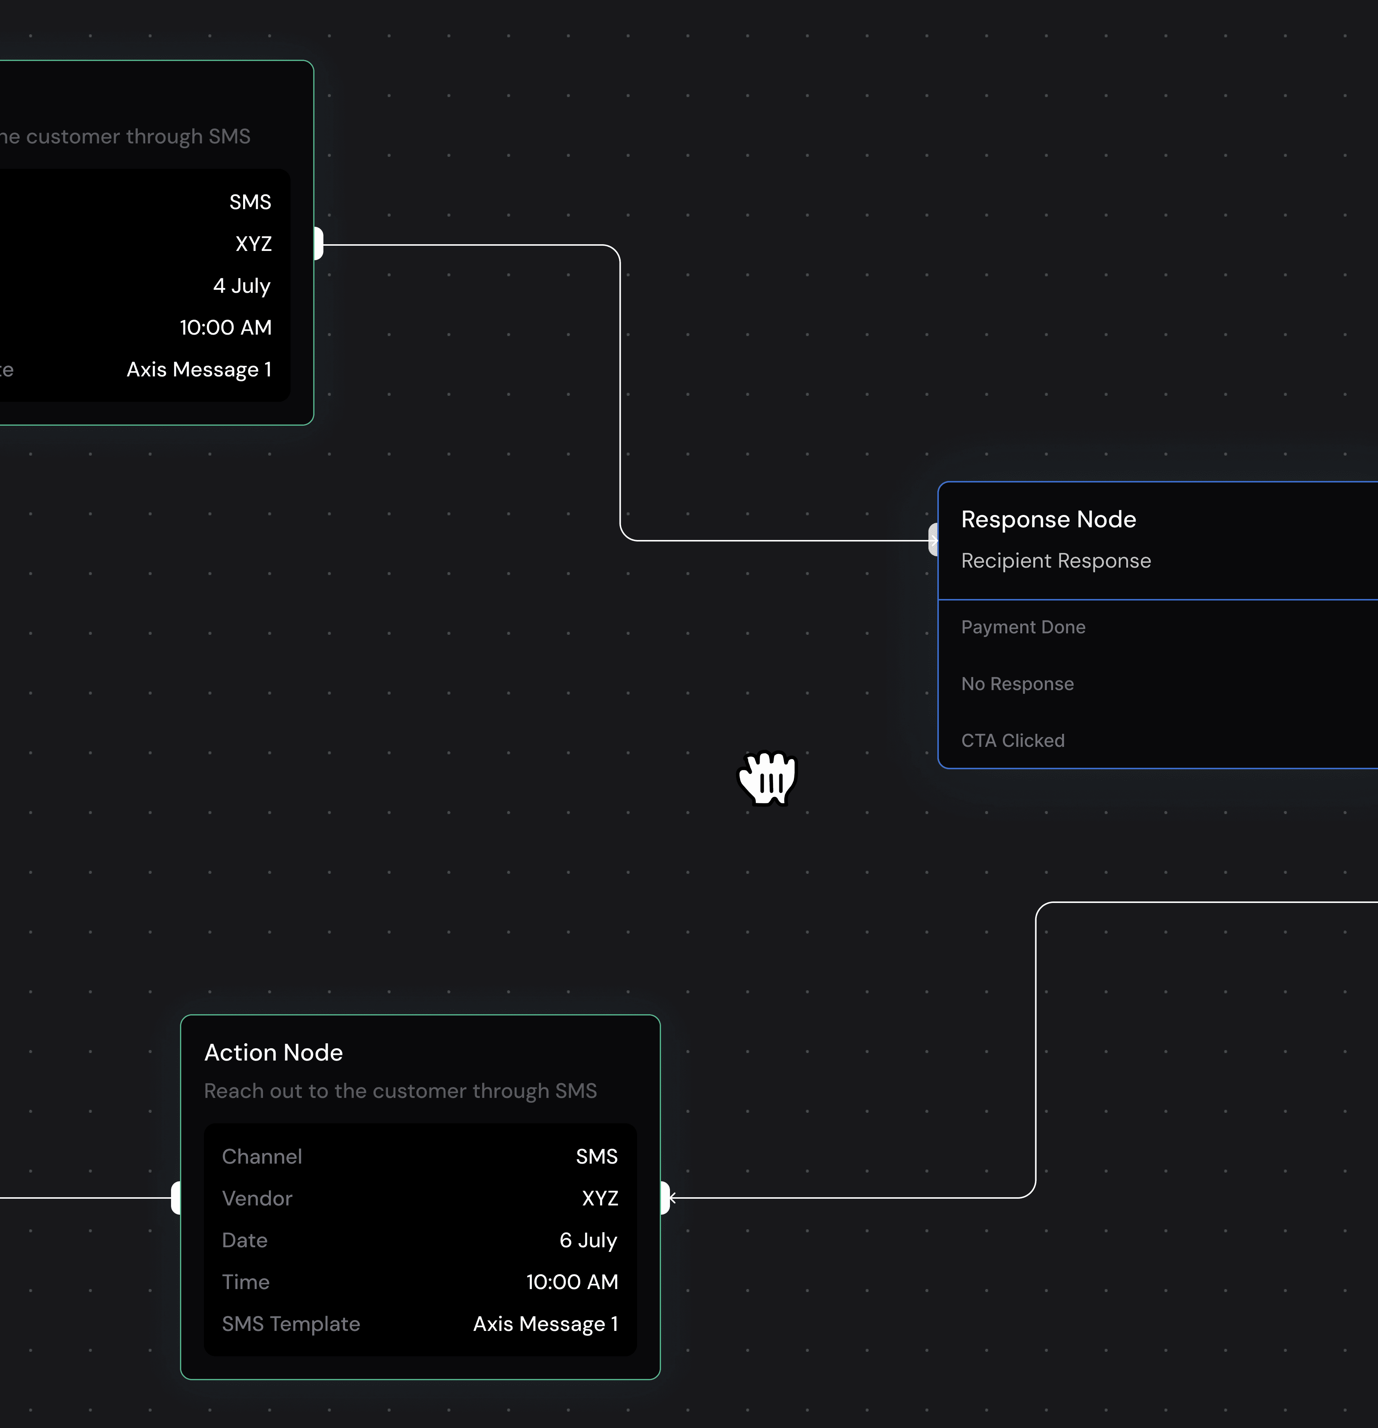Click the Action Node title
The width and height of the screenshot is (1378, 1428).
[x=273, y=1053]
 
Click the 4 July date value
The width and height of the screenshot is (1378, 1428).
[x=241, y=286]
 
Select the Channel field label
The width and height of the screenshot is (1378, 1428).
[x=262, y=1157]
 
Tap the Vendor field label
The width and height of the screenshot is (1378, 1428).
[x=257, y=1198]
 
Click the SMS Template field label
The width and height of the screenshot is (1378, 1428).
[x=291, y=1324]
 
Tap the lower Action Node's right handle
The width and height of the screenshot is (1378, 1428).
[x=665, y=1198]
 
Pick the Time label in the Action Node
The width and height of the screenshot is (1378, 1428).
[x=246, y=1282]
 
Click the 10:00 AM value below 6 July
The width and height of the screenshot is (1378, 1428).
[x=572, y=1282]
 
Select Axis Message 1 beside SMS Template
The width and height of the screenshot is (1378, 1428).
[x=545, y=1324]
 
